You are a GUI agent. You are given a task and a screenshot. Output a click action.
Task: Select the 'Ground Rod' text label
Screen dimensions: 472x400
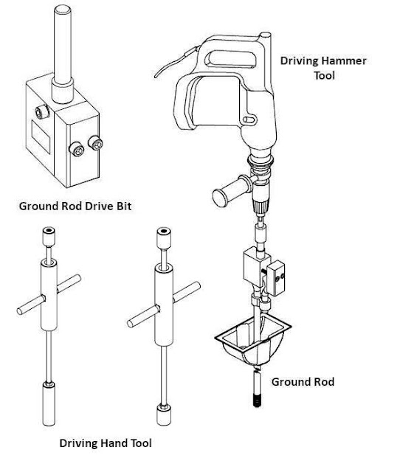pyautogui.click(x=303, y=381)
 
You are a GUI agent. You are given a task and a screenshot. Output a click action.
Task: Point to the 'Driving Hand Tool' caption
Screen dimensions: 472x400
pyautogui.click(x=105, y=443)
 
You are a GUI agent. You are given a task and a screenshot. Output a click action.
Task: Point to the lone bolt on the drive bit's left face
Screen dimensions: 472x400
pyautogui.click(x=39, y=112)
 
